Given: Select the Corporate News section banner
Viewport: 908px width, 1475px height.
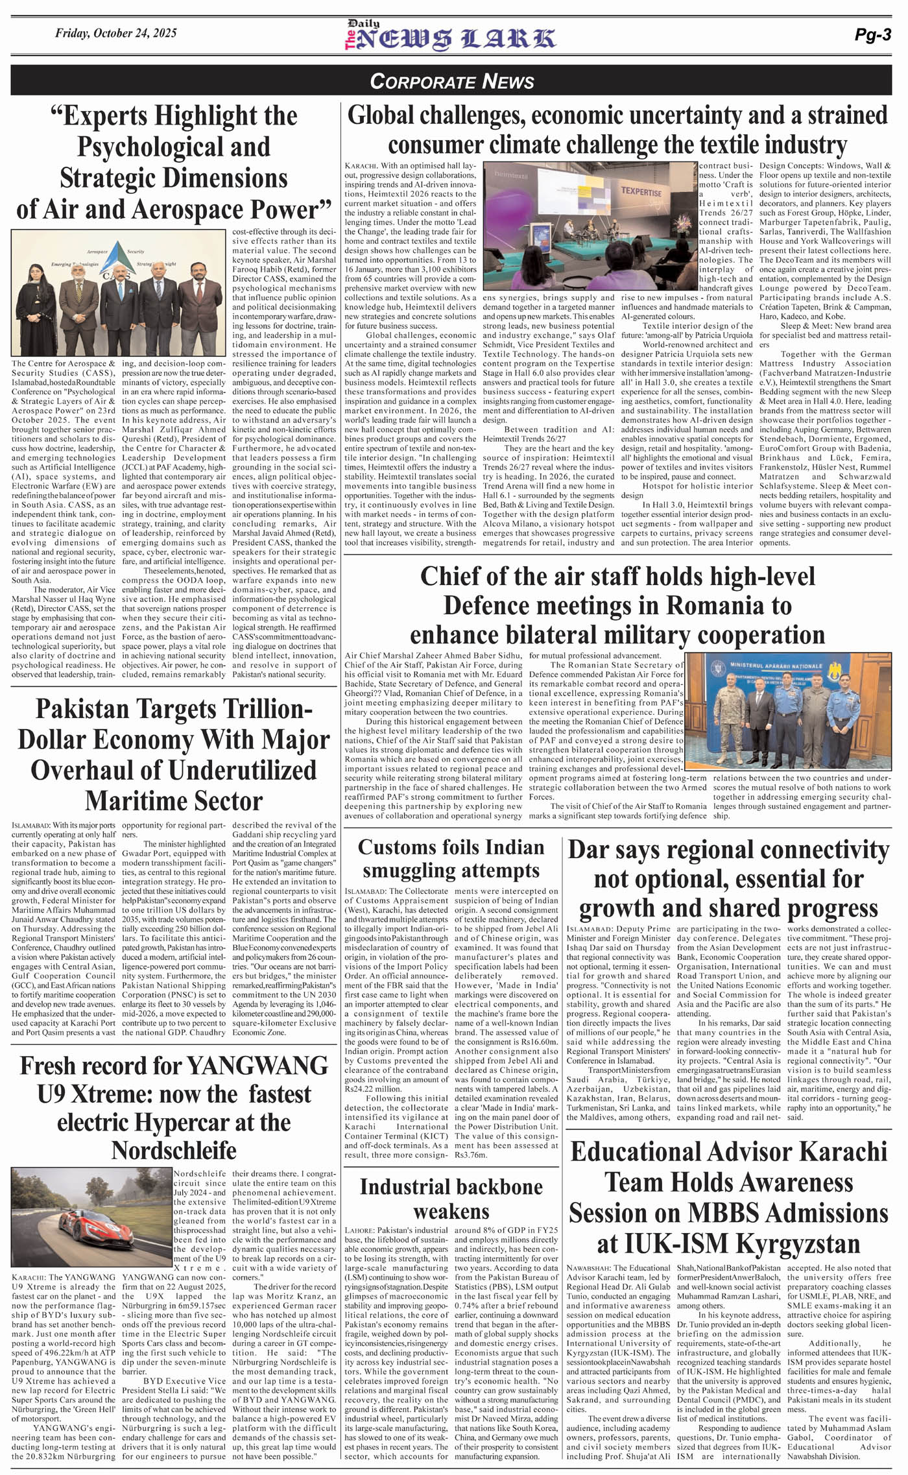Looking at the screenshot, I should point(452,81).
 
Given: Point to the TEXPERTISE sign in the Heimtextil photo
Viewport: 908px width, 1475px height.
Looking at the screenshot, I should point(641,193).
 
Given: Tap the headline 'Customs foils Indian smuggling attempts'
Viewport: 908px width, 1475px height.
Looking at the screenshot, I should point(451,858).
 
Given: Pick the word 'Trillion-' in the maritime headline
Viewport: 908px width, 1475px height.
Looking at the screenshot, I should point(259,709).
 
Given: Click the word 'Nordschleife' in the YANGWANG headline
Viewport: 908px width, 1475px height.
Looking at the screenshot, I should point(174,1150).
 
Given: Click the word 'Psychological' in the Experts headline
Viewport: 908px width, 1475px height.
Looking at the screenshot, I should point(174,147).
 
